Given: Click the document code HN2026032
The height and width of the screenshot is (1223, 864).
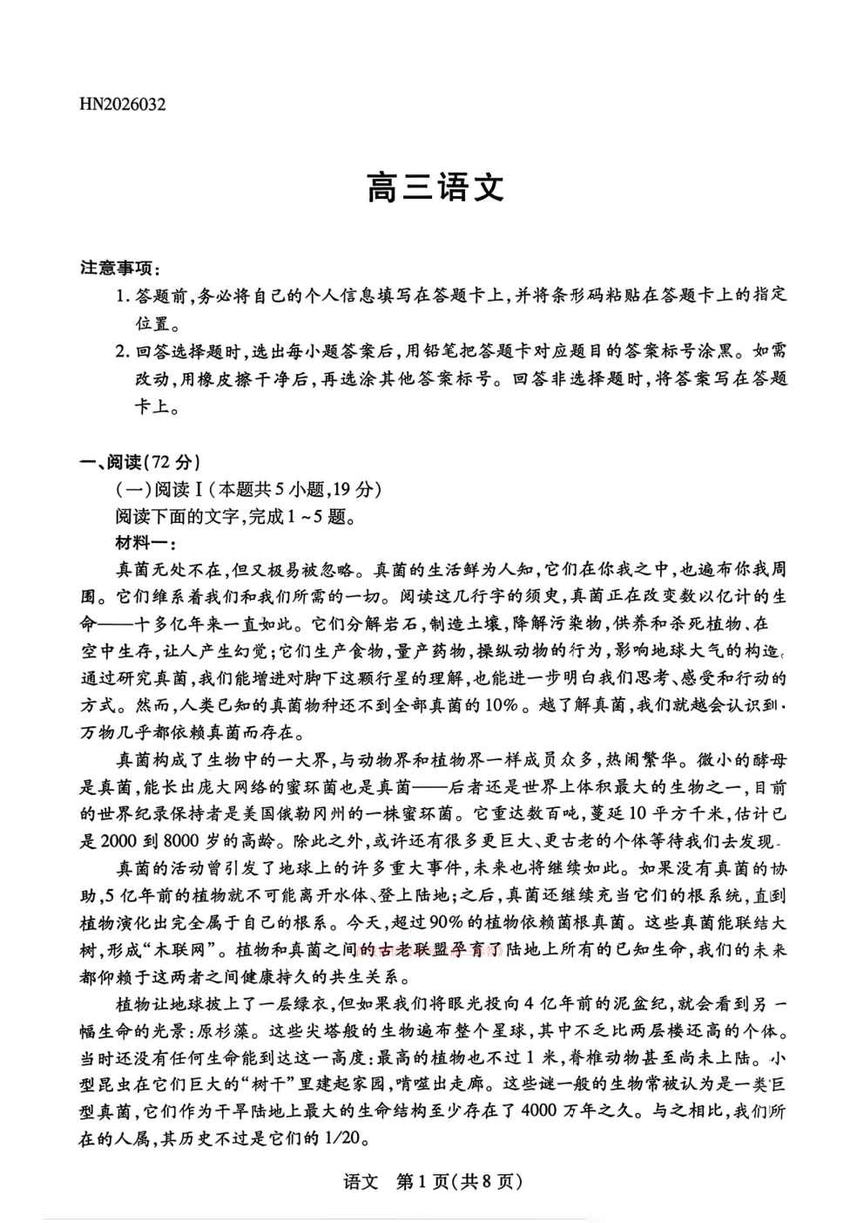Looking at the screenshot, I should (123, 105).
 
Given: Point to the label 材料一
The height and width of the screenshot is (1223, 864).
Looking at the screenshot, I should (144, 543).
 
